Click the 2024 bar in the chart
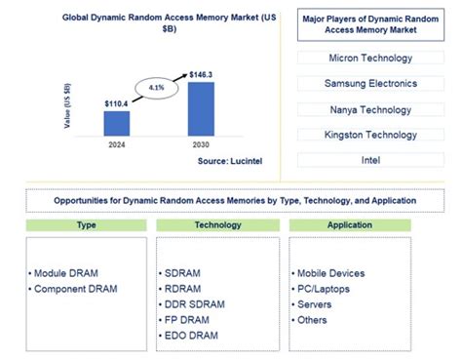(x=116, y=123)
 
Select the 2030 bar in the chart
(x=200, y=109)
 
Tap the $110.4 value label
(x=116, y=103)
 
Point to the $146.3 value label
(x=201, y=74)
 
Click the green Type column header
(x=86, y=225)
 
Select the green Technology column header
(x=218, y=225)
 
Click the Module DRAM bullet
(x=67, y=273)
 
